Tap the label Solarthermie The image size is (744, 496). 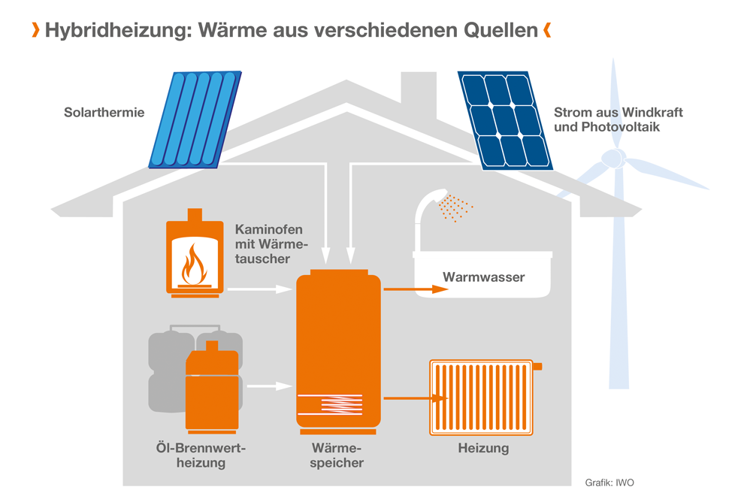tap(104, 113)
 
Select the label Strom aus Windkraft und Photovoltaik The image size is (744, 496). tap(607, 119)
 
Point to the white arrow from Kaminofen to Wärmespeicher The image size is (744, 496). tap(259, 289)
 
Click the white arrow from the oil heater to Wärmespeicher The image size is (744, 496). tap(269, 386)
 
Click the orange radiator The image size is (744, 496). tap(484, 398)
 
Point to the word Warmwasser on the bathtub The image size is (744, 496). tap(483, 277)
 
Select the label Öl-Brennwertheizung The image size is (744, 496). tap(201, 455)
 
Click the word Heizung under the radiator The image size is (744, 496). tap(483, 449)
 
